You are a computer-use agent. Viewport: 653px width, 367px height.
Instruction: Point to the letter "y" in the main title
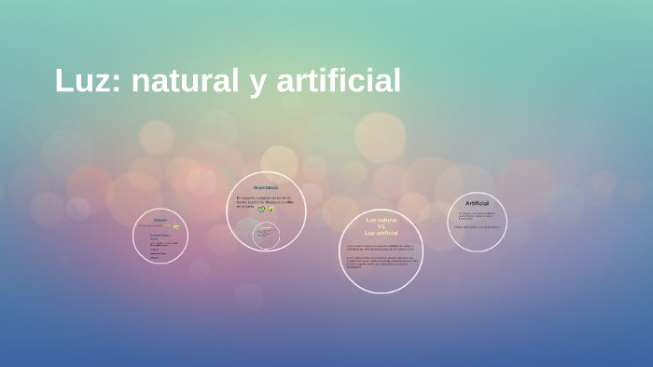pyautogui.click(x=256, y=84)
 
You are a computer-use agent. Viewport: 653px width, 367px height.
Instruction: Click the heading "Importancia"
pyautogui.click(x=265, y=188)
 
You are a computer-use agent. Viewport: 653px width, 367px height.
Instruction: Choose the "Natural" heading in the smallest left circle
pyautogui.click(x=160, y=220)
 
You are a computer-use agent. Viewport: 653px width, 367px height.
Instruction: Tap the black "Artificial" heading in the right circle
pyautogui.click(x=477, y=203)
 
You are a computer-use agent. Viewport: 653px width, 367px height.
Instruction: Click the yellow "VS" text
pyautogui.click(x=381, y=226)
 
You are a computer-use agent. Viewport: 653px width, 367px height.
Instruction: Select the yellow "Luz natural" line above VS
pyautogui.click(x=381, y=220)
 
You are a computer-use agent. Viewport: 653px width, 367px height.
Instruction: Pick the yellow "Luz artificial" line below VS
pyautogui.click(x=381, y=233)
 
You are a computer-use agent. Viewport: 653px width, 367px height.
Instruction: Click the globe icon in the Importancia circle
pyautogui.click(x=261, y=210)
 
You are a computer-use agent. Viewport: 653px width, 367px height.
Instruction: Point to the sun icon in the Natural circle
pyautogui.click(x=176, y=226)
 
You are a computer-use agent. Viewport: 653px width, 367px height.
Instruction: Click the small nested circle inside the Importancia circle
pyautogui.click(x=266, y=233)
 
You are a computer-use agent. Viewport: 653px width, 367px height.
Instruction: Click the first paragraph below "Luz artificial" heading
pyautogui.click(x=381, y=248)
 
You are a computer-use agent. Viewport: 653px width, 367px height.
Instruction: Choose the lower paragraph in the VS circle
pyautogui.click(x=381, y=264)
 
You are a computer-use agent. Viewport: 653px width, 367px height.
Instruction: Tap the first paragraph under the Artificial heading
pyautogui.click(x=476, y=215)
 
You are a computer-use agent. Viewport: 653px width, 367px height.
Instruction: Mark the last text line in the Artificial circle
pyautogui.click(x=476, y=225)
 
